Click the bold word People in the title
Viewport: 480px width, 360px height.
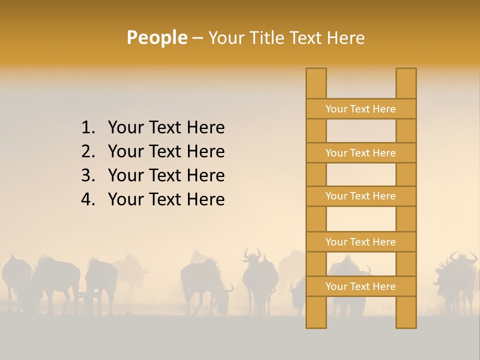(157, 37)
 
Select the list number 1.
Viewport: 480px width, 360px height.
(87, 128)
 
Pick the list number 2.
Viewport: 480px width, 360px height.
(87, 151)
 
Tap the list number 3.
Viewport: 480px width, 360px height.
(87, 175)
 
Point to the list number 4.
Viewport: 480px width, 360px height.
(87, 199)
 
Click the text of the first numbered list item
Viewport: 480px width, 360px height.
(166, 128)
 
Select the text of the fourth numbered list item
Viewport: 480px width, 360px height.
(166, 199)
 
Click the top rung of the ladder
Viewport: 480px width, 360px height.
(360, 109)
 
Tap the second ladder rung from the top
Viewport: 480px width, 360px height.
(360, 153)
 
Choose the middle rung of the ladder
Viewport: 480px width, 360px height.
(360, 196)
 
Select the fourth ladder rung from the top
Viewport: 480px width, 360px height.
(360, 242)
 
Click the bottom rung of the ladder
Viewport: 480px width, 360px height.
(360, 286)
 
